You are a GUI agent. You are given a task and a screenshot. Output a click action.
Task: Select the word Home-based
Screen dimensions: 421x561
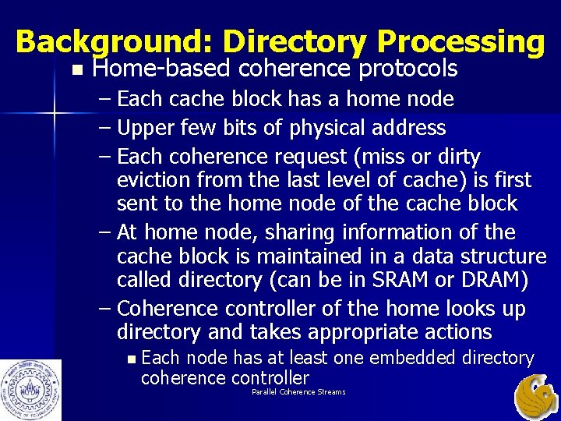(x=161, y=69)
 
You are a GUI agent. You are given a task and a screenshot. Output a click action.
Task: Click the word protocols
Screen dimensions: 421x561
(x=408, y=69)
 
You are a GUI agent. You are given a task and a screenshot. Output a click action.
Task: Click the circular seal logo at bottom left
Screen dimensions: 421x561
(x=30, y=389)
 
